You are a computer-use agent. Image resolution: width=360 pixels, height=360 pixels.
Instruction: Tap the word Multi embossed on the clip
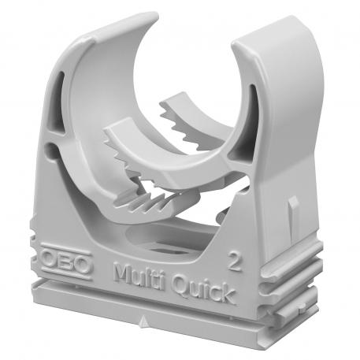tap(141, 276)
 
